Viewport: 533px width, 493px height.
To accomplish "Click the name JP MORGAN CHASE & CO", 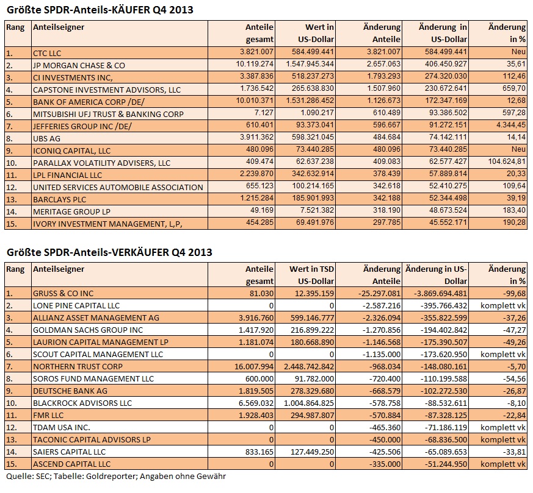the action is [79, 65].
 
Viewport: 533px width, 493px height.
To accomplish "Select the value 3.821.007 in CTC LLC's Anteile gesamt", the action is [256, 52].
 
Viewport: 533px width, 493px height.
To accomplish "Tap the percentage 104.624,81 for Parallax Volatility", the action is [507, 161].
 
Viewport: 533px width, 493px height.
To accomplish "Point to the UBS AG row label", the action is [46, 138].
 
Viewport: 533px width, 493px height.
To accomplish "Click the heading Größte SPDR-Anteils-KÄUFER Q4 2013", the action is [100, 10].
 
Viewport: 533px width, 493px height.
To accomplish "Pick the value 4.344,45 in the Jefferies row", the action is [511, 125].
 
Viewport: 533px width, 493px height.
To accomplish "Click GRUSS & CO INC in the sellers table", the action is [63, 293].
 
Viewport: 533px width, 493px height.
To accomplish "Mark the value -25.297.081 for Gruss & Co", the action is [379, 293].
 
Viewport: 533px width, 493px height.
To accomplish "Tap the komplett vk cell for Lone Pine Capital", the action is [503, 305].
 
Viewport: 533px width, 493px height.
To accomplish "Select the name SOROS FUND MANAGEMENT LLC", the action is [93, 378].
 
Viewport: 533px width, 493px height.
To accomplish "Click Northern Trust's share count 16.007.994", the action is [254, 366].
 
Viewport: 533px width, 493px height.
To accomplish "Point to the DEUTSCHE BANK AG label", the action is [70, 391].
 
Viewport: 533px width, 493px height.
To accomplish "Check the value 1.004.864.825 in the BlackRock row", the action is [310, 403].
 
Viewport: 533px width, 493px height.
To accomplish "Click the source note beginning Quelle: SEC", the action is [116, 477].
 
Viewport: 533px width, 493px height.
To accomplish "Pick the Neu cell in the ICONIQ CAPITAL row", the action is [518, 149].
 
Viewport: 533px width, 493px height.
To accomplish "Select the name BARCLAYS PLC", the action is [59, 199].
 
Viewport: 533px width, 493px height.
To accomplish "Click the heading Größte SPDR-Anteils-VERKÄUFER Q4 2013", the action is [109, 252].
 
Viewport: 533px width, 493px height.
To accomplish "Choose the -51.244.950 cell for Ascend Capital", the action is [446, 464].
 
